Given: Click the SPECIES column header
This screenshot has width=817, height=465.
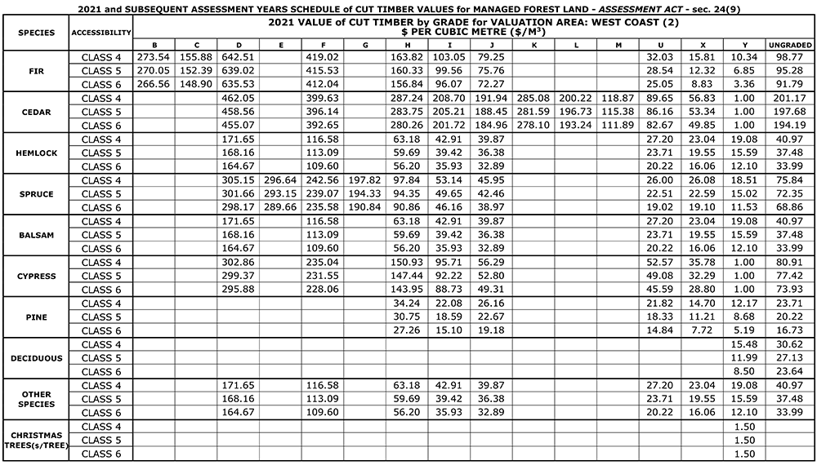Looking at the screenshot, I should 35,33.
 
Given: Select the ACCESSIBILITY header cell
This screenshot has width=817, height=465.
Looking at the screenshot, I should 101,33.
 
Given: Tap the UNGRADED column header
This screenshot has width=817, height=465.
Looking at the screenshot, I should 790,44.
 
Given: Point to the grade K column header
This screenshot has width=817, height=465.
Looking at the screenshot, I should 534,44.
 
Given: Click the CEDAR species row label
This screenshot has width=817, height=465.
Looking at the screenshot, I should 35,112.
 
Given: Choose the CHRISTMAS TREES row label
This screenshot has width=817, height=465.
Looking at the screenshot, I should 35,440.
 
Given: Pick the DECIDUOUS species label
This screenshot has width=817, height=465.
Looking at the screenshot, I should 35,358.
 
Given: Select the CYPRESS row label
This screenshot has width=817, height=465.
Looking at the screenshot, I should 35,276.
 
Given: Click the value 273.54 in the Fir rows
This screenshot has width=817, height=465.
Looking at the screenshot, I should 153,57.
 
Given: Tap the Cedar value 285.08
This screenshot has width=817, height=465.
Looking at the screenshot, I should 534,98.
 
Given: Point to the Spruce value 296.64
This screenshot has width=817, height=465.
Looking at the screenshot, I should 280,180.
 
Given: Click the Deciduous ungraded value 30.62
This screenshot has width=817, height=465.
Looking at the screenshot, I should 790,344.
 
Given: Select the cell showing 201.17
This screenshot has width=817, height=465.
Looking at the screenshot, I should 790,98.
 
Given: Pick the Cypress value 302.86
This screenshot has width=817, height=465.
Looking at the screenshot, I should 238,263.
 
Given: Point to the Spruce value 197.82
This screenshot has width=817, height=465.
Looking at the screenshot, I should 364,180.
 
